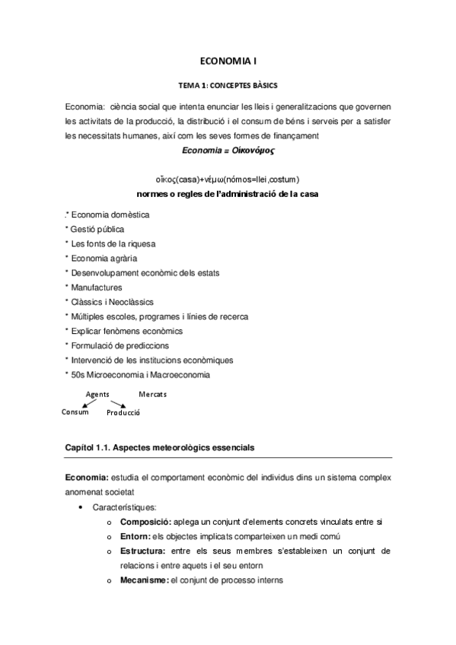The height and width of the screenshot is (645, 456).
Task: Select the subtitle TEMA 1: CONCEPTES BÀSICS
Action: coord(228,85)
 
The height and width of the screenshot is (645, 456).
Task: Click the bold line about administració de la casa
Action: coord(227,194)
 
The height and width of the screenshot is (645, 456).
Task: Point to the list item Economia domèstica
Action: coord(110,215)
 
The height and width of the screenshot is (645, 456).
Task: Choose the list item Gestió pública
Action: coord(97,230)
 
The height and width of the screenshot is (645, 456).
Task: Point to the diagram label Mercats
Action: coord(153,394)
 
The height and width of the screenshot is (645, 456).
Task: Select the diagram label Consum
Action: coord(75,411)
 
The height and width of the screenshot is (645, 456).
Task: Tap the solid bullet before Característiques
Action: coord(81,507)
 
